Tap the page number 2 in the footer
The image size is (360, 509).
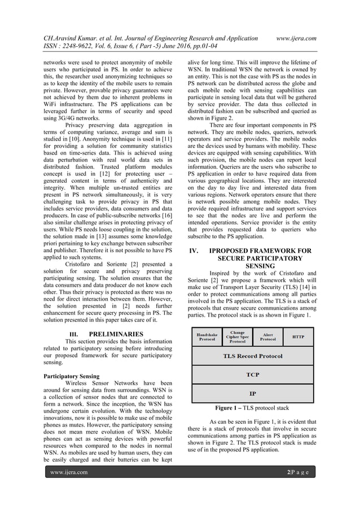(x=288, y=472)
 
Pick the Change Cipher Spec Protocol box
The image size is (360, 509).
(x=238, y=337)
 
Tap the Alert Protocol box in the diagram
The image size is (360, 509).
(x=268, y=337)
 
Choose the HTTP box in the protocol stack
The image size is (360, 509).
(x=298, y=337)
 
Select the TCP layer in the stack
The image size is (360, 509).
(x=252, y=374)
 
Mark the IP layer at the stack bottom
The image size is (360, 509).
(x=252, y=393)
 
